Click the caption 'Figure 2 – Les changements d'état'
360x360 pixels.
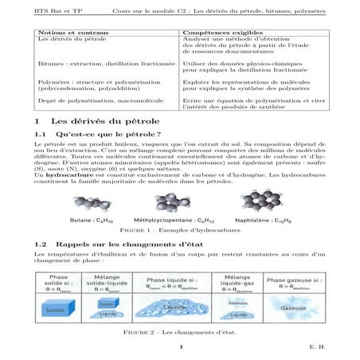tap(179, 331)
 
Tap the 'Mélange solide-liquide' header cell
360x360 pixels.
tap(106, 284)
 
